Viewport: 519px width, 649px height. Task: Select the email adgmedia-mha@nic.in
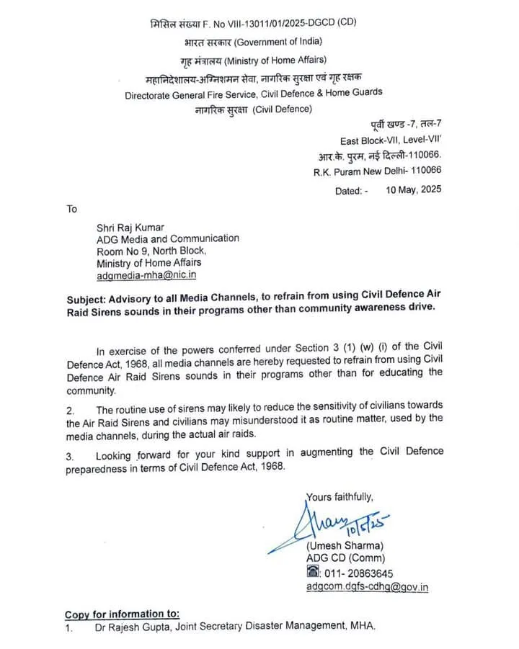147,274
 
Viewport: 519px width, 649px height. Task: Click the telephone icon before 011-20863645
313,573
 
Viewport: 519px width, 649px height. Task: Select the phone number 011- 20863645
358,573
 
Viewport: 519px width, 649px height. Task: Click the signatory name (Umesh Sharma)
345,545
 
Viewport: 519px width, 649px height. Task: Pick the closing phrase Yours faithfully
340,496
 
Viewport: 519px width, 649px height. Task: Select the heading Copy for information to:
122,614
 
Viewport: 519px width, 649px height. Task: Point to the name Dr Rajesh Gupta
136,627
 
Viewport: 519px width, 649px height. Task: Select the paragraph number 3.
70,456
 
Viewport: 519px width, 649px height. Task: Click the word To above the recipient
71,209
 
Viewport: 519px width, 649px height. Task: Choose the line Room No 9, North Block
151,251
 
